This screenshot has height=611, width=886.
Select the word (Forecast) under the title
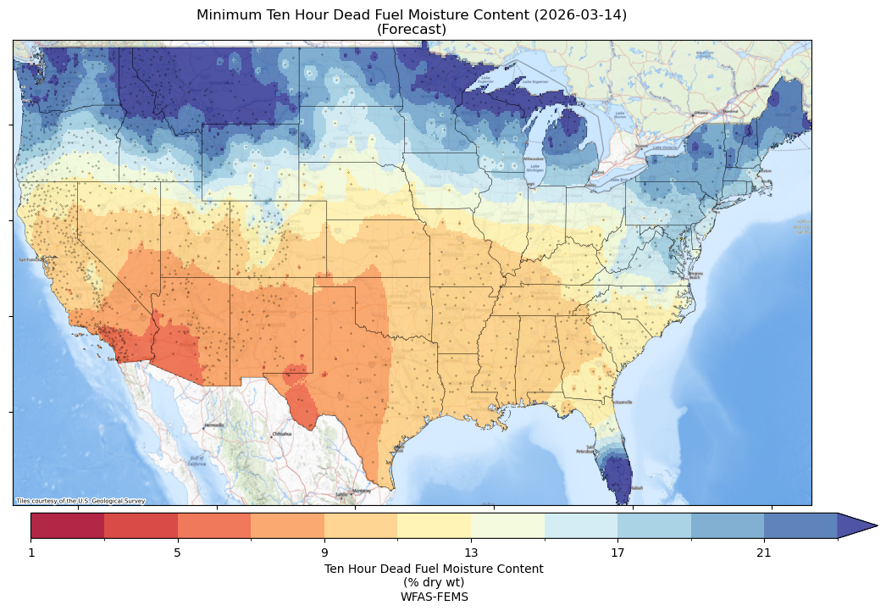coord(412,30)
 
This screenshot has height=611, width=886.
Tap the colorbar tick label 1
coord(31,553)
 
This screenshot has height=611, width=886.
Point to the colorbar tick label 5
coord(178,553)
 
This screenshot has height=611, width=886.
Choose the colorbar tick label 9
coord(324,553)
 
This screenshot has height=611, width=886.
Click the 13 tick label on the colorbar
coord(471,553)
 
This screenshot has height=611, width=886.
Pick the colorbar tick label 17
coord(617,553)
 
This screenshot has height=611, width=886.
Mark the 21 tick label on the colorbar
coord(764,553)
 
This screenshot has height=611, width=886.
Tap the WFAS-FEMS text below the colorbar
coord(434,597)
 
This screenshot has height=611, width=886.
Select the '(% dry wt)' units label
coord(434,582)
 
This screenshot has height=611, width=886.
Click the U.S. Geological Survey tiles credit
coord(80,501)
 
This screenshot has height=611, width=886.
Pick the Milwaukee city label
coord(533,158)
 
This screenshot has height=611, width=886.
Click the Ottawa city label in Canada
coord(700,113)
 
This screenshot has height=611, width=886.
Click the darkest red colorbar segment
coord(68,526)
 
